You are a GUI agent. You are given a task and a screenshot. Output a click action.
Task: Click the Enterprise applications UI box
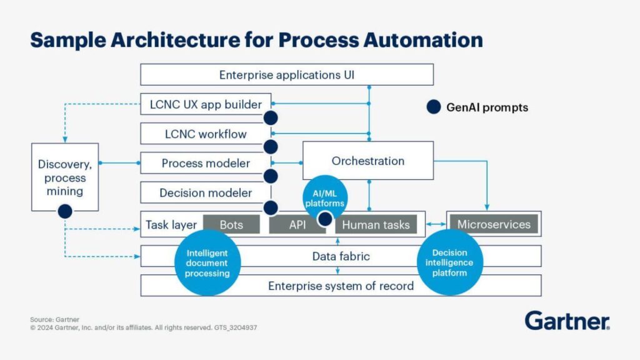(x=287, y=75)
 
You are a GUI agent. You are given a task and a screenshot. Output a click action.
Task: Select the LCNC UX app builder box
(x=206, y=104)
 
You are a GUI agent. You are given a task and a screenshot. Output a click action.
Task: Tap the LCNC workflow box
(x=206, y=134)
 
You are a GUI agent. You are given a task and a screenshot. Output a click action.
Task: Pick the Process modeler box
(x=206, y=163)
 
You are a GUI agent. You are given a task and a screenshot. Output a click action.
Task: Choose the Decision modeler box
(x=206, y=193)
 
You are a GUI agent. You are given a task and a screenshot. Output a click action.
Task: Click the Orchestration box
(x=368, y=161)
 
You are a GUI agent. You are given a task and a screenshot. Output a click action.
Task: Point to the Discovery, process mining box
(x=65, y=177)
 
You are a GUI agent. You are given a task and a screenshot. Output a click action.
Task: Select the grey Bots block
(x=231, y=224)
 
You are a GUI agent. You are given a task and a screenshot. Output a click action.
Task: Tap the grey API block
(x=297, y=224)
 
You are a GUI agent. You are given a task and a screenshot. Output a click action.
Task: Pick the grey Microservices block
(x=494, y=224)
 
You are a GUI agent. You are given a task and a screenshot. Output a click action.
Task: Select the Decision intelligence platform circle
(x=449, y=262)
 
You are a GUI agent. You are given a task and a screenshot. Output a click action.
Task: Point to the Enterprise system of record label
(x=341, y=286)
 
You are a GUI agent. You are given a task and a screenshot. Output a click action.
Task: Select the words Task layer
(x=171, y=224)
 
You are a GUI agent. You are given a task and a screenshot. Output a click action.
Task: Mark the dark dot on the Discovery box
(x=65, y=212)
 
